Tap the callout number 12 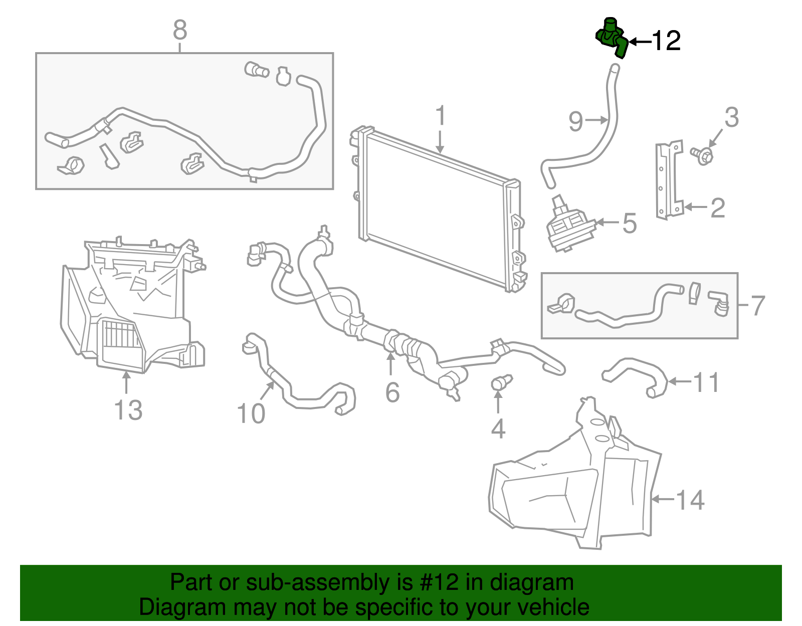(666, 41)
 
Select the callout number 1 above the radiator (440, 116)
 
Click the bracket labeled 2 (669, 180)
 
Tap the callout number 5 (630, 223)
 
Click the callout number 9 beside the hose (576, 122)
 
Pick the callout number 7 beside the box (758, 306)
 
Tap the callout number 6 (392, 392)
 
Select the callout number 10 (251, 414)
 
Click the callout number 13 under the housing (128, 410)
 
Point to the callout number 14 (690, 500)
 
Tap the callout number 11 (707, 382)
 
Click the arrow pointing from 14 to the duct (662, 499)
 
